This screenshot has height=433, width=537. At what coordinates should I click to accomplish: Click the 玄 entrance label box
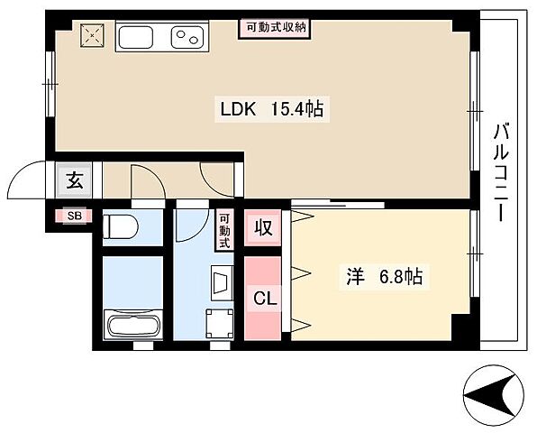74,180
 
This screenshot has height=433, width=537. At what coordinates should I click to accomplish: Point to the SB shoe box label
71,216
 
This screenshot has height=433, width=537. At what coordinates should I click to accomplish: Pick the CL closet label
263,296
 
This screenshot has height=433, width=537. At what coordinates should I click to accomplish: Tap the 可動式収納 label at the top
277,27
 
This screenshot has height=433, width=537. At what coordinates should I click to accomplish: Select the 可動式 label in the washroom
224,230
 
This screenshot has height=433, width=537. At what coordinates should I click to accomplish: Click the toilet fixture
119,226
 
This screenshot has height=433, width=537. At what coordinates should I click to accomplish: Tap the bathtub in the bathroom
132,325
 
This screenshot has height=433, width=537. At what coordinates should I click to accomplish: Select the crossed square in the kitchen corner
92,36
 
